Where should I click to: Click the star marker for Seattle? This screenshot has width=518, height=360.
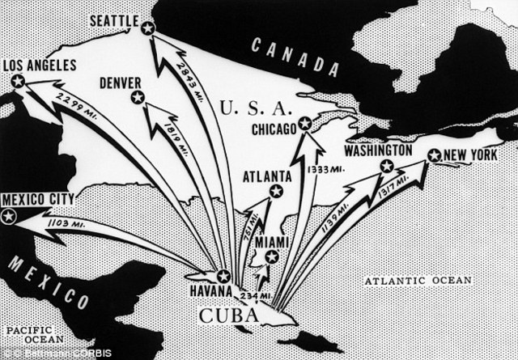pyautogui.click(x=147, y=29)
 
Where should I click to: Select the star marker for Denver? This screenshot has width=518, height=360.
pyautogui.click(x=137, y=98)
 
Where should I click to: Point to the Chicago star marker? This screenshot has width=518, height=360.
pyautogui.click(x=304, y=124)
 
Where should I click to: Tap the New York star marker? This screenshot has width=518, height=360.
pyautogui.click(x=434, y=155)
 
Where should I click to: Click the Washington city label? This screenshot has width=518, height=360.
pyautogui.click(x=380, y=150)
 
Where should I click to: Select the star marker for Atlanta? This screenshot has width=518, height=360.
pyautogui.click(x=276, y=192)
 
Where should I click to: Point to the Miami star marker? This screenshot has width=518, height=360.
pyautogui.click(x=271, y=256)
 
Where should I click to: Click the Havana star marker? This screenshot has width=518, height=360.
pyautogui.click(x=224, y=276)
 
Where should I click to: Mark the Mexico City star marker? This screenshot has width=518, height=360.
pyautogui.click(x=9, y=217)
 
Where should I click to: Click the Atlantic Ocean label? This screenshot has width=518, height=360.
pyautogui.click(x=417, y=281)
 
